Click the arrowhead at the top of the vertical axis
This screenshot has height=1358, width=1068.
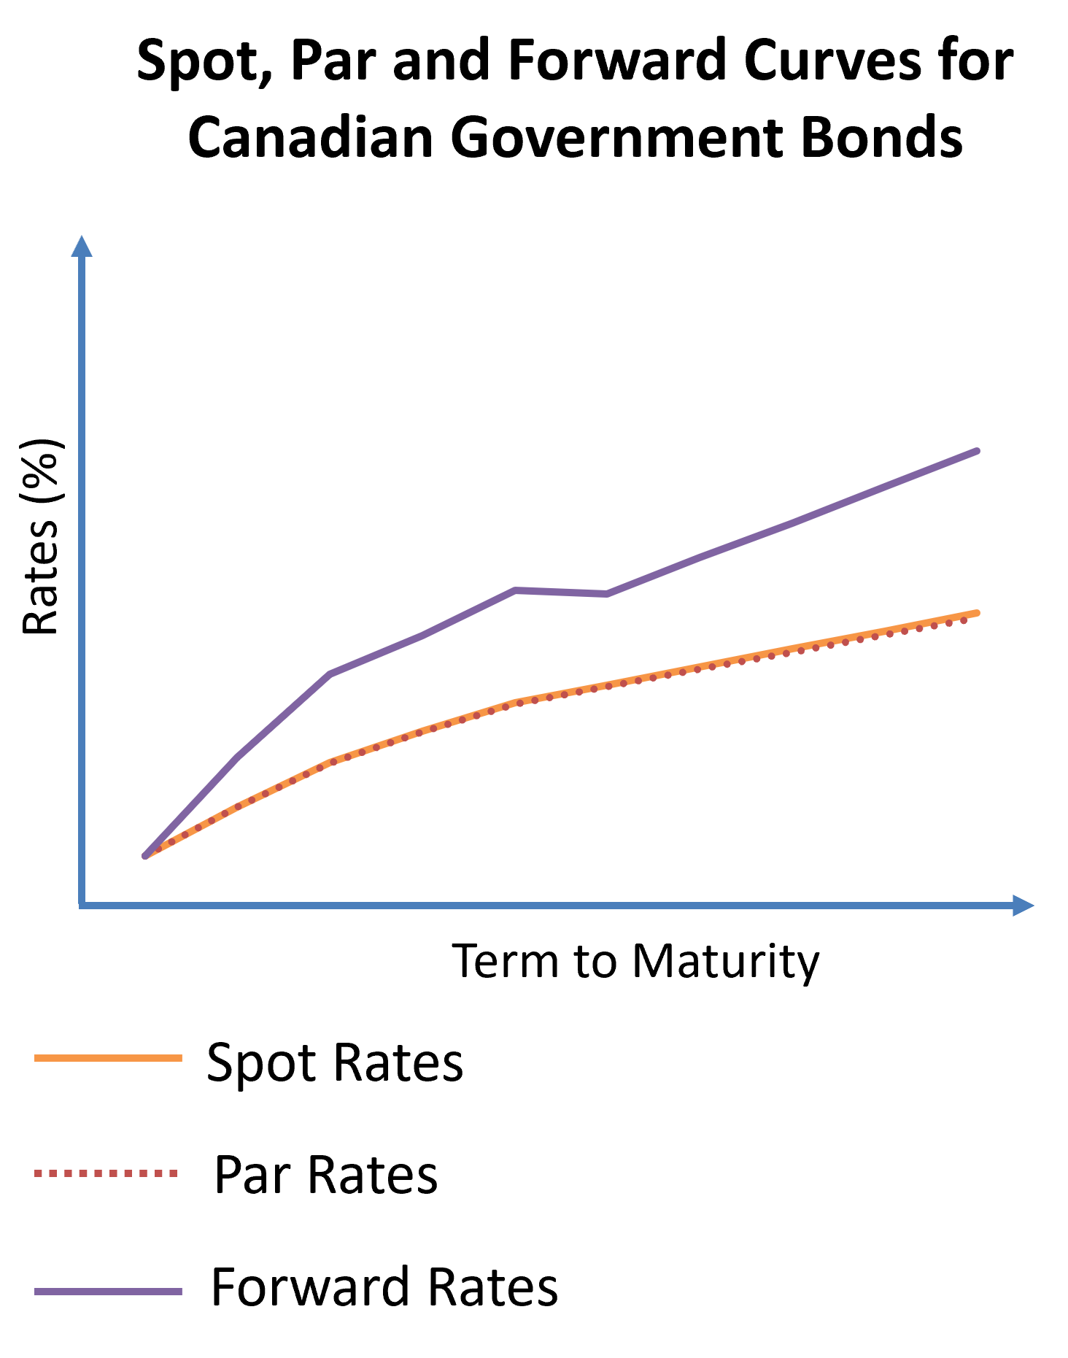coord(82,246)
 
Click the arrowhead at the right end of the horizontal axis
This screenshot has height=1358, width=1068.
coord(1023,906)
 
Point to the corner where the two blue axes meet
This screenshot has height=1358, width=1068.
coord(82,906)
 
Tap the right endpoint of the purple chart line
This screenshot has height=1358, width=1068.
coord(977,452)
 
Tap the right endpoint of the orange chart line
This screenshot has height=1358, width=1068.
coord(977,613)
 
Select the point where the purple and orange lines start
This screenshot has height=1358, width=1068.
coord(145,856)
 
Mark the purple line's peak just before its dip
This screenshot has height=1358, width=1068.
coord(515,590)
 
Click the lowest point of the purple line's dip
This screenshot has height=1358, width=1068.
coord(607,595)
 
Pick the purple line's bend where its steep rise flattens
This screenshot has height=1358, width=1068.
coord(330,674)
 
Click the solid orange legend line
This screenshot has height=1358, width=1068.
coord(108,1058)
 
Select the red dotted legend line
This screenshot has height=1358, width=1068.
coord(107,1173)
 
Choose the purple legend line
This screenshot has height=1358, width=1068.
coord(108,1292)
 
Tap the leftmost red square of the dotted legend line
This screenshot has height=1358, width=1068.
coord(38,1173)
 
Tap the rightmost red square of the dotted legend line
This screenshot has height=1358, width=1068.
coord(174,1173)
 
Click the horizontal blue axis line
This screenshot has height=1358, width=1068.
coord(547,906)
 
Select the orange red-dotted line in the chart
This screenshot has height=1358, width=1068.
coord(730,661)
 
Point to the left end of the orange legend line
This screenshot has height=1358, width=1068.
coord(36,1058)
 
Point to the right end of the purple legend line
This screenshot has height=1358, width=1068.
coord(181,1292)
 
